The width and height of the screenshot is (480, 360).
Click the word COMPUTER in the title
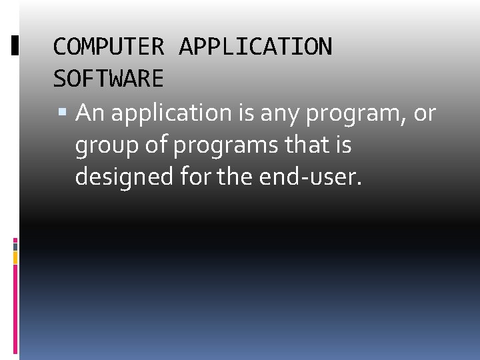coord(108,47)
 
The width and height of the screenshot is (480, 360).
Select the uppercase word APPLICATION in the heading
coord(255,47)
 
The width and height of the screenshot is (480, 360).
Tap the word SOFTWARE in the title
coord(108,79)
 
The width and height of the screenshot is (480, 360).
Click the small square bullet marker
coord(65,113)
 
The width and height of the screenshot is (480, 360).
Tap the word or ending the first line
coord(425,113)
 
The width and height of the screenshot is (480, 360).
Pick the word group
coord(106,146)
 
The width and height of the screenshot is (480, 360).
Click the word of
coord(154,145)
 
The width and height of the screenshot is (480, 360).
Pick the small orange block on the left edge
coord(15,257)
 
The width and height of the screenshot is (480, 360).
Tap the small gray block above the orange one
coord(15,245)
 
